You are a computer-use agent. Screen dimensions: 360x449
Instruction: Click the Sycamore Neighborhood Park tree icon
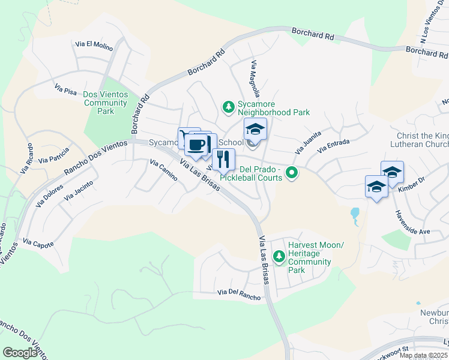point(228,107)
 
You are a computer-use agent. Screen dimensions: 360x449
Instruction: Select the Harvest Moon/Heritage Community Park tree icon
point(279,257)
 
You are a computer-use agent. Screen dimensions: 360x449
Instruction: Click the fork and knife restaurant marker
point(223,160)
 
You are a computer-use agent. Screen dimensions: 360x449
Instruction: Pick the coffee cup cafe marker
point(196,145)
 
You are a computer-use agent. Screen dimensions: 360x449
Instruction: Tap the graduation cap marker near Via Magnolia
point(255,129)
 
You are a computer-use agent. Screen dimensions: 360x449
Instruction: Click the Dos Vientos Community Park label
point(106,103)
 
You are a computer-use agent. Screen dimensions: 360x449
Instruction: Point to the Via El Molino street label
point(94,44)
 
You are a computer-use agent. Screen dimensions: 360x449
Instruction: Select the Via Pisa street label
point(66,89)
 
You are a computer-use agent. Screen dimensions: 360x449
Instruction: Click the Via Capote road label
point(38,243)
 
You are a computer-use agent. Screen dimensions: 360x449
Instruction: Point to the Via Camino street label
point(163,171)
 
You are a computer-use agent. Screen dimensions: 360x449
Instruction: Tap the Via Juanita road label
point(308,142)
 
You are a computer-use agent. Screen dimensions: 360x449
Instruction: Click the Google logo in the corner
point(20,353)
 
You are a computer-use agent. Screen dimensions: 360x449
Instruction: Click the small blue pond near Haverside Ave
point(355,214)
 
